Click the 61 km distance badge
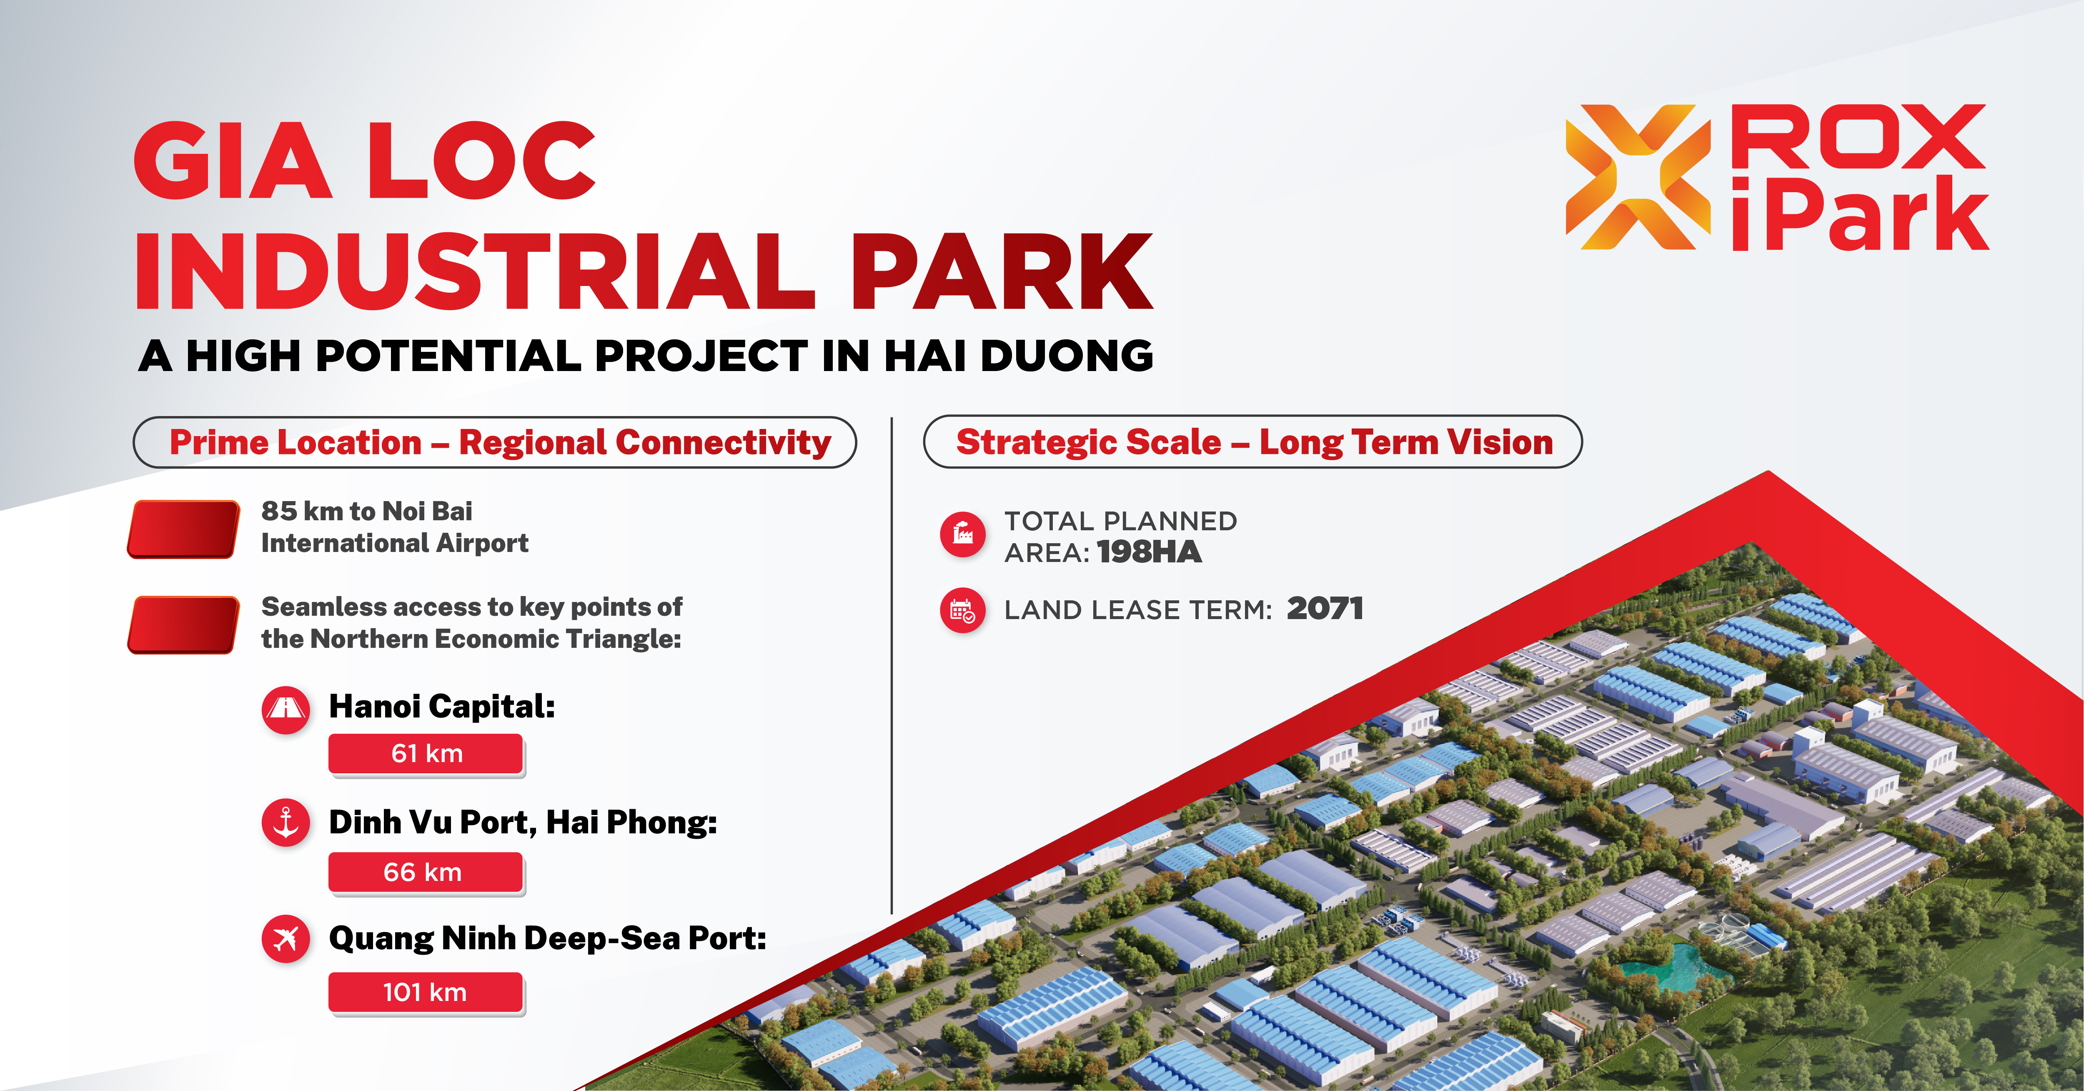coord(426,754)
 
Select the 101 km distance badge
coord(426,993)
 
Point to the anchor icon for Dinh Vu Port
coord(286,823)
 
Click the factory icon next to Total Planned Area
coord(963,534)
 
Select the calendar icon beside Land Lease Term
coord(963,610)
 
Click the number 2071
coord(1325,609)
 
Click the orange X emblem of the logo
coord(1638,176)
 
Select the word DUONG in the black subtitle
coord(1067,356)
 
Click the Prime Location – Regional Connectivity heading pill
coord(495,442)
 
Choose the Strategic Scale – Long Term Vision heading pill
coord(1253,442)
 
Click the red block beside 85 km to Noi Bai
coord(184,529)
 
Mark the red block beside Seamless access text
coord(184,625)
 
